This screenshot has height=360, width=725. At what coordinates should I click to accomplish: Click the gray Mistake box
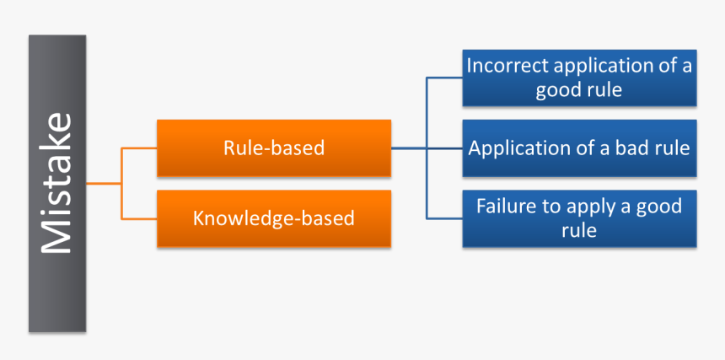pyautogui.click(x=57, y=183)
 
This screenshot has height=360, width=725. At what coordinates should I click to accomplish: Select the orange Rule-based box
pyautogui.click(x=274, y=148)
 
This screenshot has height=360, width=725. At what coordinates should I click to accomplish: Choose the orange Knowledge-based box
pyautogui.click(x=274, y=218)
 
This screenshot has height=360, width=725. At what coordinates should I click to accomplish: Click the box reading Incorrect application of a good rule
pyautogui.click(x=579, y=78)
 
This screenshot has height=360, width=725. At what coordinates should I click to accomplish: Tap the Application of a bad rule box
pyautogui.click(x=579, y=148)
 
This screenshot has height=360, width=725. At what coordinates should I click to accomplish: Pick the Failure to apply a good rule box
pyautogui.click(x=579, y=218)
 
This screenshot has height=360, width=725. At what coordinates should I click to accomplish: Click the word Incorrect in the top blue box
pyautogui.click(x=504, y=66)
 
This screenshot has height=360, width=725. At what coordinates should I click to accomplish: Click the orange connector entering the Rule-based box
pyautogui.click(x=140, y=148)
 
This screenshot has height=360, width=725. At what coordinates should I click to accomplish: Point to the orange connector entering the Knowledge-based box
pyautogui.click(x=140, y=218)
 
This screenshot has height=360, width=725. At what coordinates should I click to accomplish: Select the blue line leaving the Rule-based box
pyautogui.click(x=408, y=148)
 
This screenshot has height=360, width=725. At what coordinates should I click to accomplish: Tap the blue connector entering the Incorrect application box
pyautogui.click(x=444, y=78)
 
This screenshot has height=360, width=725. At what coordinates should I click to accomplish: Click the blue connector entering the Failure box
pyautogui.click(x=444, y=218)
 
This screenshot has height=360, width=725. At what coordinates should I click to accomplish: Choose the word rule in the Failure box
pyautogui.click(x=579, y=230)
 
